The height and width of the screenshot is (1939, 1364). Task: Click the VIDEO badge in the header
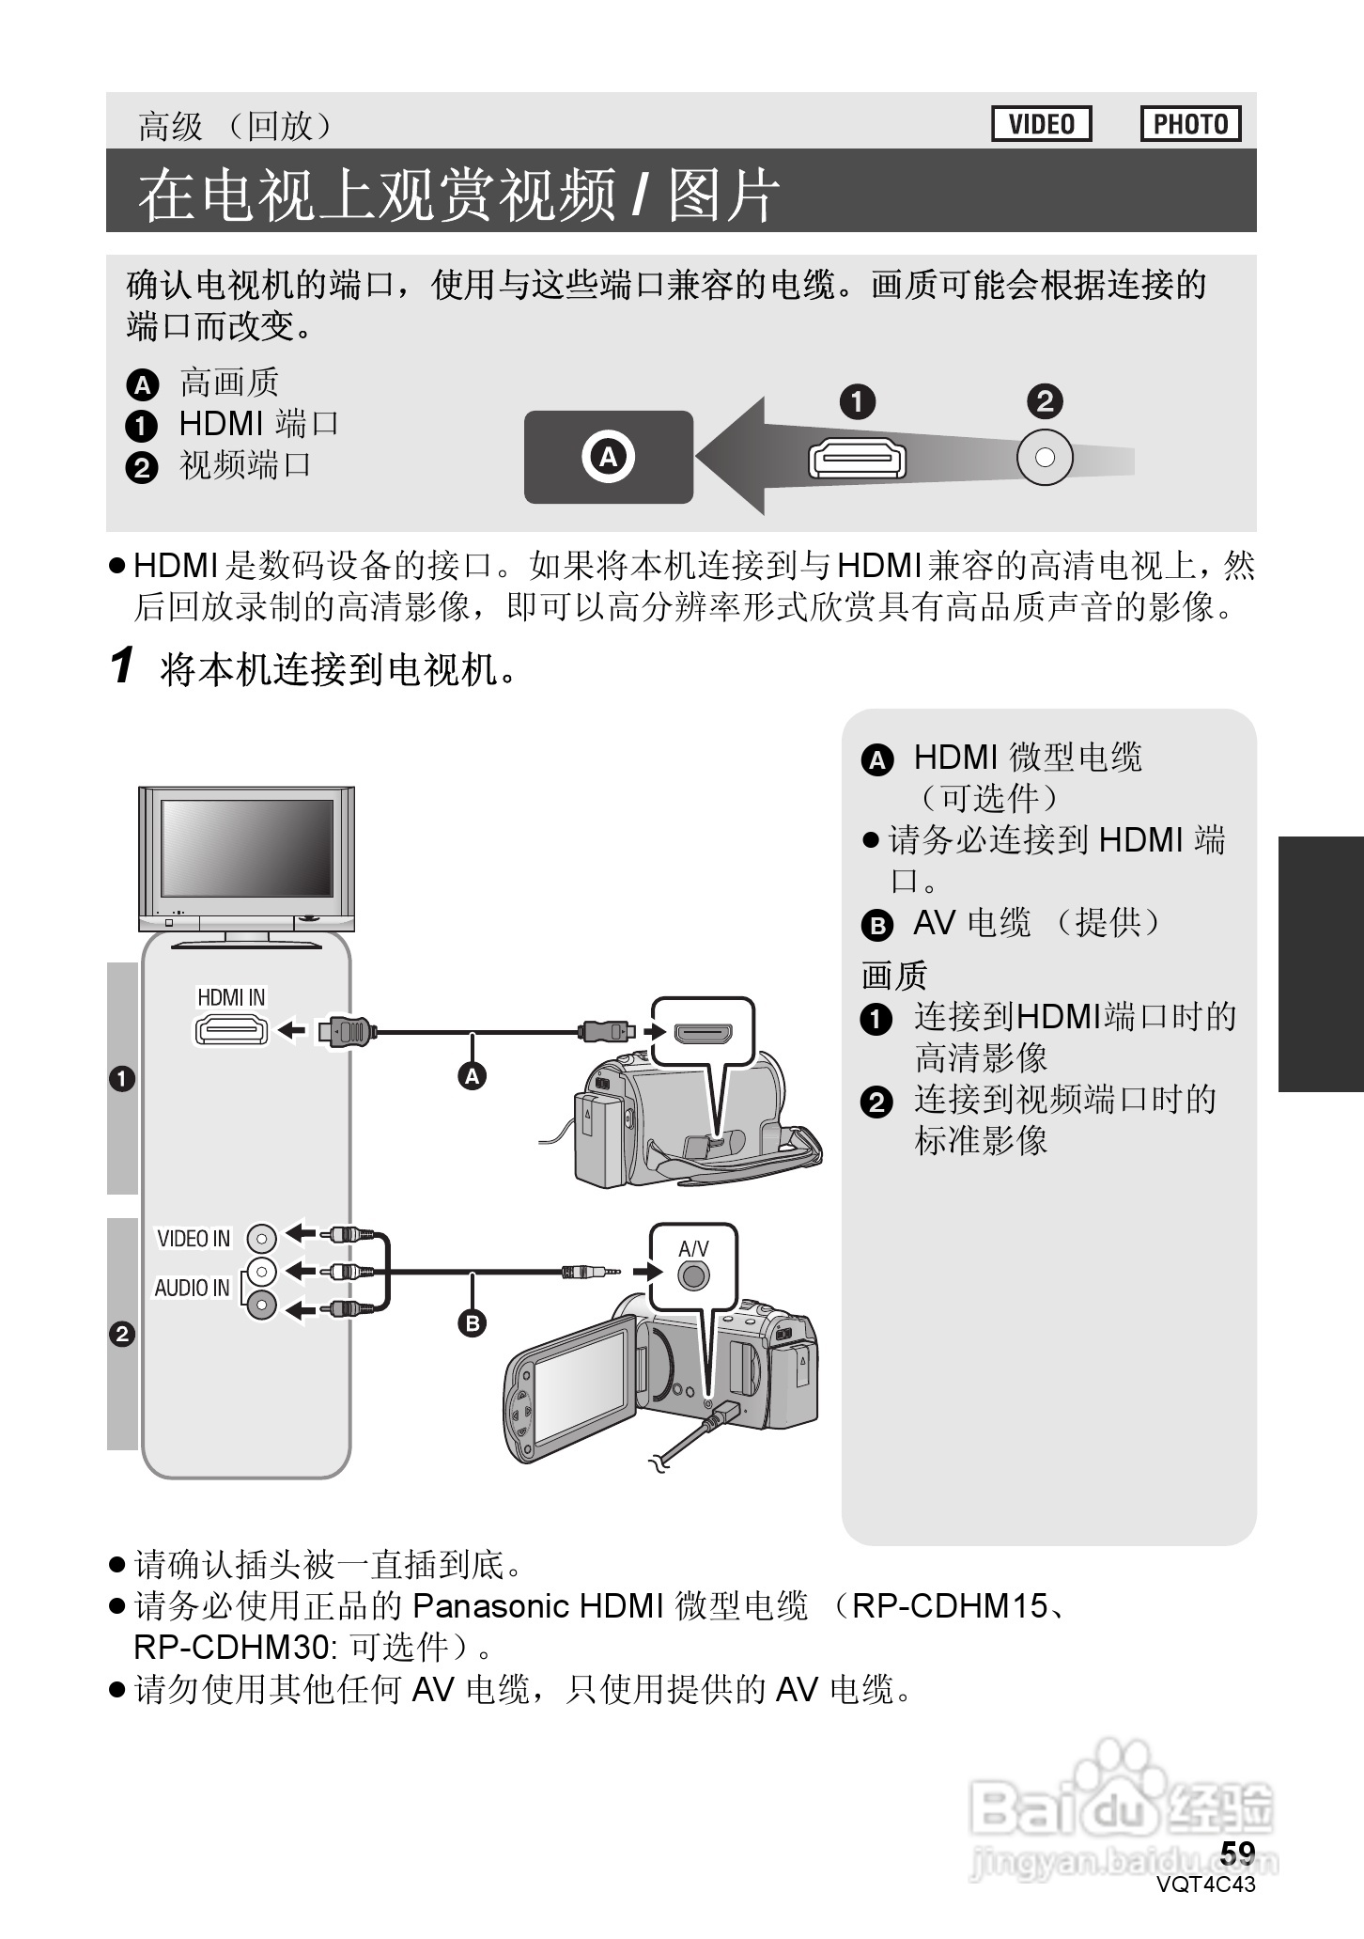1041,124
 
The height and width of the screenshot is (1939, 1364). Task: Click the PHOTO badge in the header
1190,124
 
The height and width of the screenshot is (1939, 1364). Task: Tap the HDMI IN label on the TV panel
231,997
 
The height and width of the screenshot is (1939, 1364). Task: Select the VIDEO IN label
194,1239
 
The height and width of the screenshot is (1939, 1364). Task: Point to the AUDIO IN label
192,1288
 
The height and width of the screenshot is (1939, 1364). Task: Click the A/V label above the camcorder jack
693,1248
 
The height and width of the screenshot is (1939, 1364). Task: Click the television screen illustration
247,848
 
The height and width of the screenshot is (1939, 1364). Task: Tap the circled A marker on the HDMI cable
473,1076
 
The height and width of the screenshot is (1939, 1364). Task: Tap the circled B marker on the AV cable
473,1323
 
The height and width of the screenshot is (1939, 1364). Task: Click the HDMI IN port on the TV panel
231,1031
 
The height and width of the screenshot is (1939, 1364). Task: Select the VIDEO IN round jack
261,1239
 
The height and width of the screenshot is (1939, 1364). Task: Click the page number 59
1237,1852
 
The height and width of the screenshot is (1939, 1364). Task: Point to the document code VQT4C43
1206,1884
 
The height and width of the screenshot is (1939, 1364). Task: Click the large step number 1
122,666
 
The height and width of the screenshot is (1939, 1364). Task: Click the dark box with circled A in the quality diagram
608,457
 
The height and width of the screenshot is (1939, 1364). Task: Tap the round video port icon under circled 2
1045,458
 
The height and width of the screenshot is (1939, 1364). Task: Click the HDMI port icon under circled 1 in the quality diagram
857,460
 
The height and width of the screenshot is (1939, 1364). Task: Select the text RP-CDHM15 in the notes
949,1606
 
